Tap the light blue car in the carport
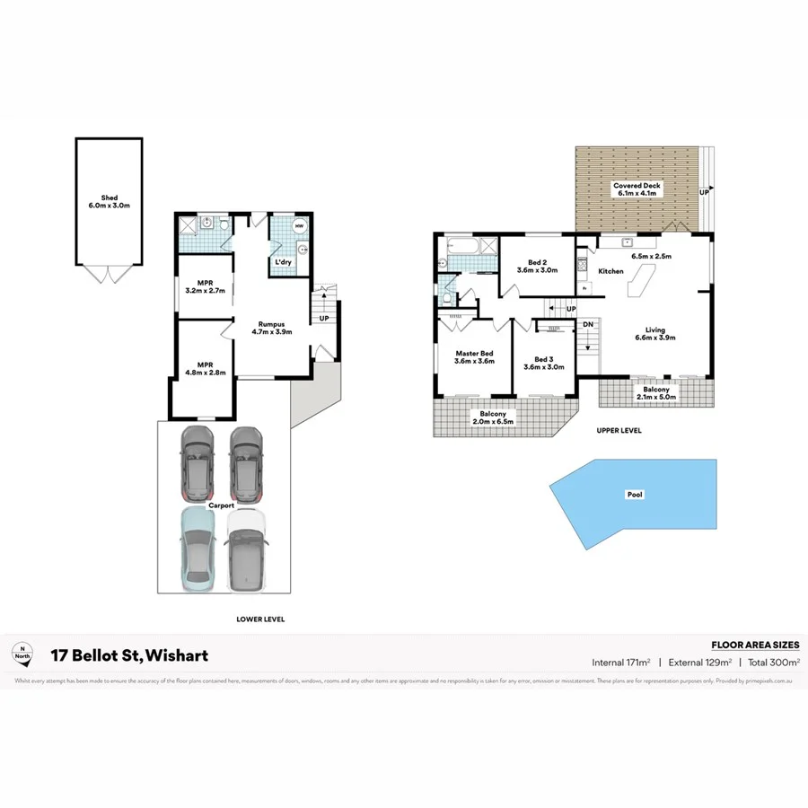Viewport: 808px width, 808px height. pos(197,549)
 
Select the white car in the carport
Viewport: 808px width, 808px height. pos(247,549)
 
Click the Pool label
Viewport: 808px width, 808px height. pos(636,494)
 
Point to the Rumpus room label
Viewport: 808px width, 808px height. pos(272,324)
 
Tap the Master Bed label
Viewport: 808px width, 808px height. pos(474,353)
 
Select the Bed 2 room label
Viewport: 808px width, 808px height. pos(537,262)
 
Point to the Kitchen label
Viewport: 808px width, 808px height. pos(611,271)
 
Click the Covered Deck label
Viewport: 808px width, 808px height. pos(636,186)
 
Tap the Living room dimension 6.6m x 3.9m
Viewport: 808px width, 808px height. pos(654,338)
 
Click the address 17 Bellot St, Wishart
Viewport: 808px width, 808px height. pos(129,656)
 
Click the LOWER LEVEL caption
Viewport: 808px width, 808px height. pos(260,619)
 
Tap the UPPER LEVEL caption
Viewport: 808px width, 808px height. pos(619,431)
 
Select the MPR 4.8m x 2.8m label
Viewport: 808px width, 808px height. pos(205,366)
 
